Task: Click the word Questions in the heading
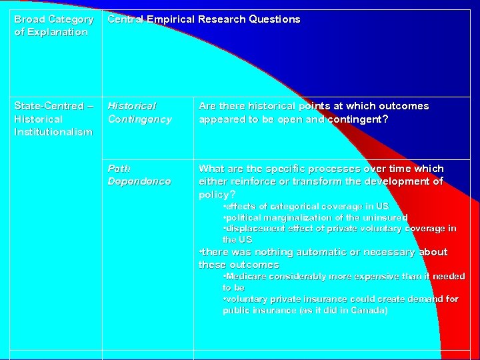[274, 19]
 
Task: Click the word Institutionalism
[53, 131]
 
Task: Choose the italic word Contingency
[139, 119]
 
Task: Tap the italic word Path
[119, 169]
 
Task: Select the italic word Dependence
[139, 181]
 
